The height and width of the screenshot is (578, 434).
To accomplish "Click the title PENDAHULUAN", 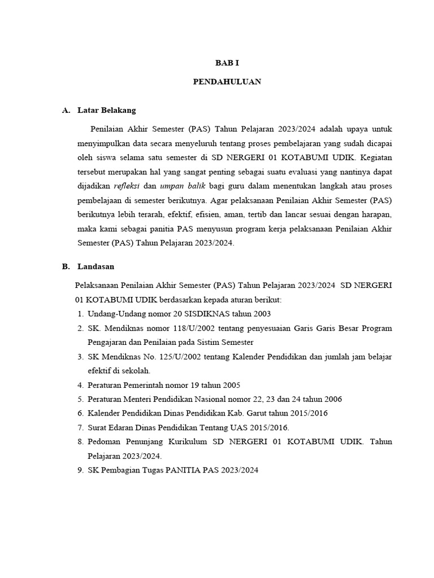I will coord(227,82).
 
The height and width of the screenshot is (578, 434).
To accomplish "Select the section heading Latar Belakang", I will coord(107,110).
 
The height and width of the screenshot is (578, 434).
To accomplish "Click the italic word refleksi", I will coord(127,186).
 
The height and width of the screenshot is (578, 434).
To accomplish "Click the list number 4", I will coord(80,385).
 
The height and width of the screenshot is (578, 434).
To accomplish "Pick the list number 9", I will coord(80,470).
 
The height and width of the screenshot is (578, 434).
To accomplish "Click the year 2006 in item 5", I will coord(330,399).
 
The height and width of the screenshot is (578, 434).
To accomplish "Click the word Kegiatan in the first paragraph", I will coord(376,156).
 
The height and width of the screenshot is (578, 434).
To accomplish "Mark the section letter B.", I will coord(66,266).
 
